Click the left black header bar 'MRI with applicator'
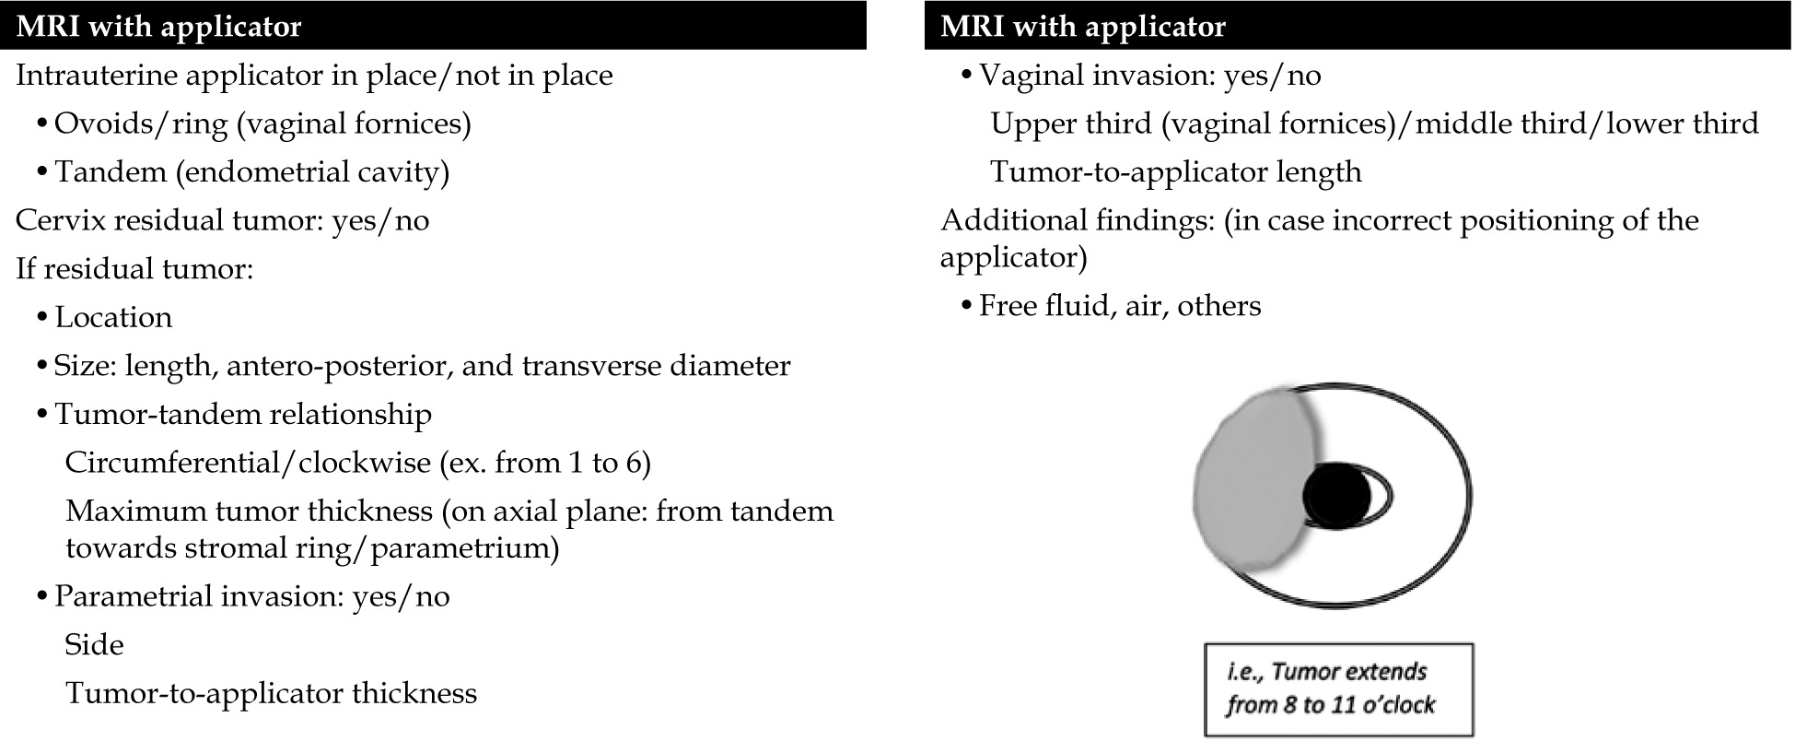pos(433,26)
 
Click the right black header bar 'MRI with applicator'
pos(1358,26)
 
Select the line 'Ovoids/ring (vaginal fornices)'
pos(262,123)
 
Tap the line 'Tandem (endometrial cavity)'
pos(251,172)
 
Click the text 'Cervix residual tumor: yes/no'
pos(222,220)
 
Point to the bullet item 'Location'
pos(113,317)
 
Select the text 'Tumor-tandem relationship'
pos(242,415)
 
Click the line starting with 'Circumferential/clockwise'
pos(357,463)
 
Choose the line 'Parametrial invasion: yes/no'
pos(251,596)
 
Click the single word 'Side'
pos(94,645)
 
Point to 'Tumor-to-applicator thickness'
pos(271,693)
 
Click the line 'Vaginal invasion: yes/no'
pos(1149,76)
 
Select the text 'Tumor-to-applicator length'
pos(1175,172)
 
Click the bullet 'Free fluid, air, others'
pos(1119,306)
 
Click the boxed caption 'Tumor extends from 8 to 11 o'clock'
pos(1337,688)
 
